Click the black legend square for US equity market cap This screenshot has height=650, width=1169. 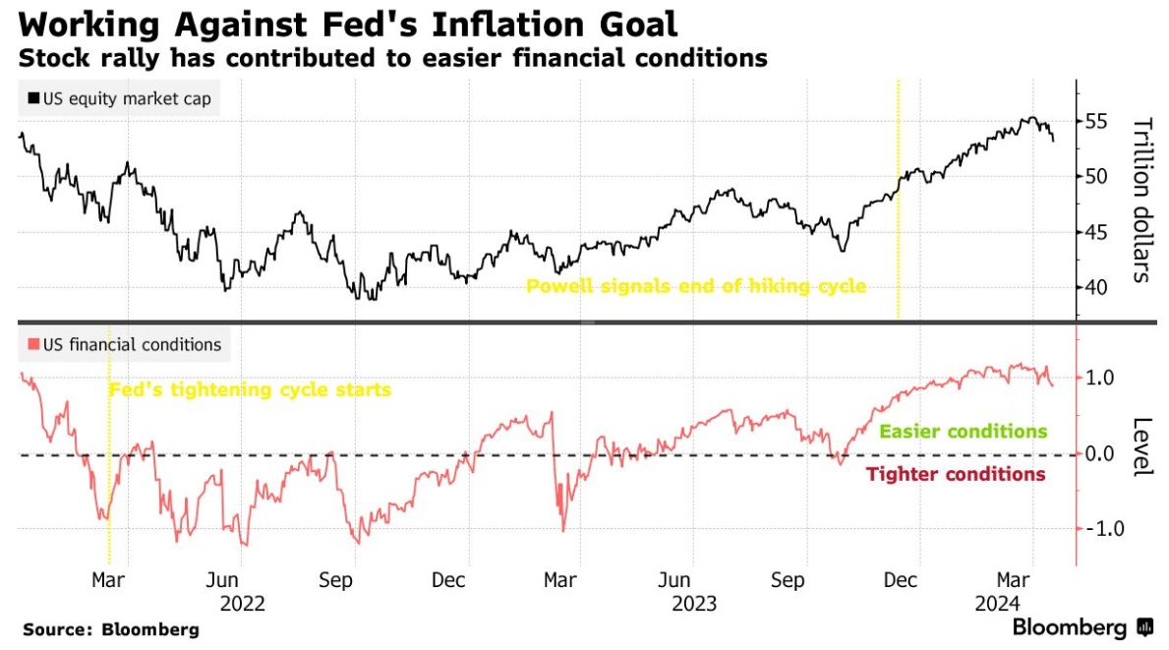coord(33,98)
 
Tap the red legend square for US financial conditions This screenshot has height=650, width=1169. coord(33,345)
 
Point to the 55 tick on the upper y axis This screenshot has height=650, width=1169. coord(1096,122)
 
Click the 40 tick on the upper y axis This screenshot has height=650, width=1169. coord(1096,287)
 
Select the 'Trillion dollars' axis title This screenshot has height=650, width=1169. coord(1141,200)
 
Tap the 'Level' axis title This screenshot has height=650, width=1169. coord(1141,447)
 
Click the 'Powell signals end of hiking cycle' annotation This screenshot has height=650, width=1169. coord(696,286)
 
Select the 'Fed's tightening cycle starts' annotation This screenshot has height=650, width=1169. coord(250,389)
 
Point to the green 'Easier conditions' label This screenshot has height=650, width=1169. coord(963,432)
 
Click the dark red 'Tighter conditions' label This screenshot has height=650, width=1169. coord(955,475)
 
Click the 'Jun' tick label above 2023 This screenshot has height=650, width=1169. coord(674,580)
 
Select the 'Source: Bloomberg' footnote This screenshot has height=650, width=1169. coord(111,629)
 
